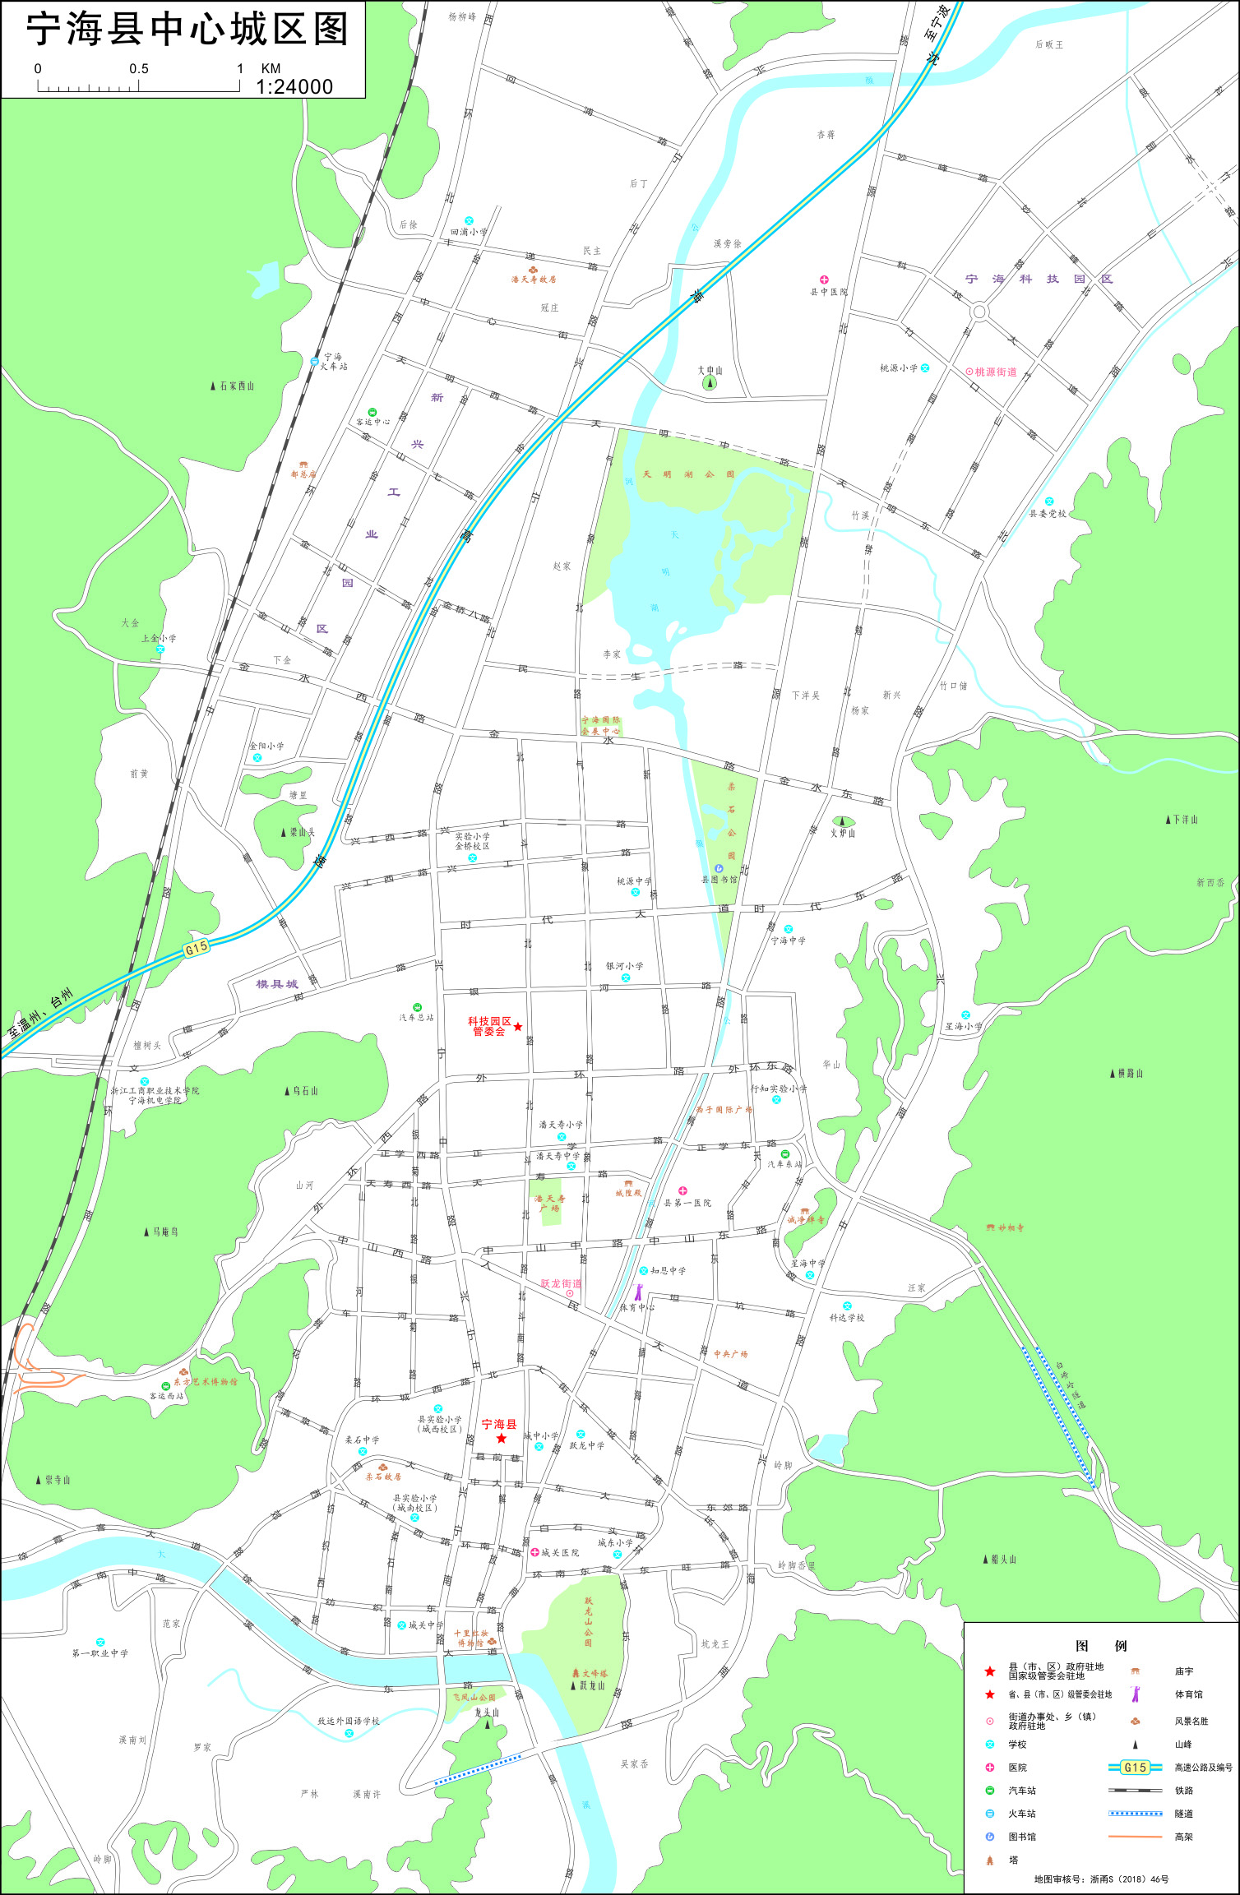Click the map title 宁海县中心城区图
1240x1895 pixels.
pos(187,30)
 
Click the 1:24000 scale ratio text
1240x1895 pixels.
pos(294,87)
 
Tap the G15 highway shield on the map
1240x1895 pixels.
pos(196,948)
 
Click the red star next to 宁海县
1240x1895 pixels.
pos(502,1438)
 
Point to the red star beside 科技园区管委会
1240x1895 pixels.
pos(518,1027)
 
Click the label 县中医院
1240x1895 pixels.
pos(828,292)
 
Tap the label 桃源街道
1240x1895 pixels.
pos(996,372)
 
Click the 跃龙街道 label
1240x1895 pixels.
pos(561,1283)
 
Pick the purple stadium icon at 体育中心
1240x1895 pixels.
pos(639,1291)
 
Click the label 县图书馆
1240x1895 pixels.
pos(719,880)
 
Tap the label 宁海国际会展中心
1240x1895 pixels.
pos(601,725)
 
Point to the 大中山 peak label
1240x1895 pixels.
pos(710,371)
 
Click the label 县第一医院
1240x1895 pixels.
pos(687,1203)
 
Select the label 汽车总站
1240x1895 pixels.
pos(416,1018)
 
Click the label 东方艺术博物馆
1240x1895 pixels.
pos(205,1382)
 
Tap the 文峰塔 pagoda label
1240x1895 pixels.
pos(595,1673)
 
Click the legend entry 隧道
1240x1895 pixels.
pos(1183,1814)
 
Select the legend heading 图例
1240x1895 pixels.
pos(1101,1645)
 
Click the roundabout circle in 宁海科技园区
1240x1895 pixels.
pos(979,312)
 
